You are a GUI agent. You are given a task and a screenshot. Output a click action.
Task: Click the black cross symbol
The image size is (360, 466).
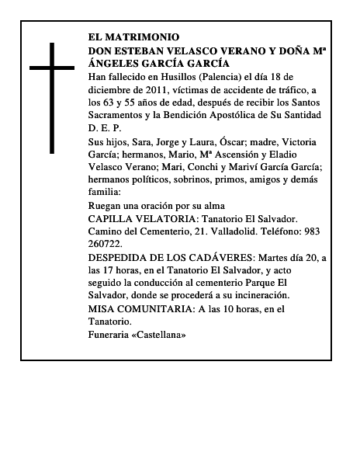53,98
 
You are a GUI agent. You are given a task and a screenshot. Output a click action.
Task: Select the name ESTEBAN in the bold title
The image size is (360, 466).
140,50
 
